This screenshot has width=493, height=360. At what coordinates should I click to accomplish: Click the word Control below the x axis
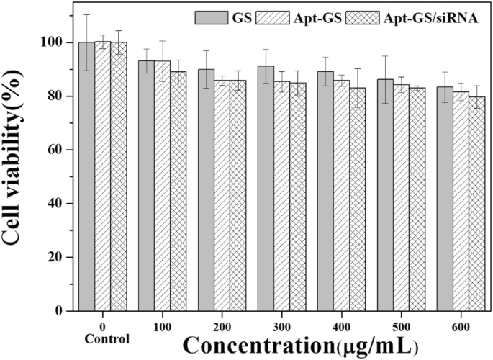(107, 339)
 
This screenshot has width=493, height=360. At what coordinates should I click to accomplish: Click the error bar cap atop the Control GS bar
(86, 14)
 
